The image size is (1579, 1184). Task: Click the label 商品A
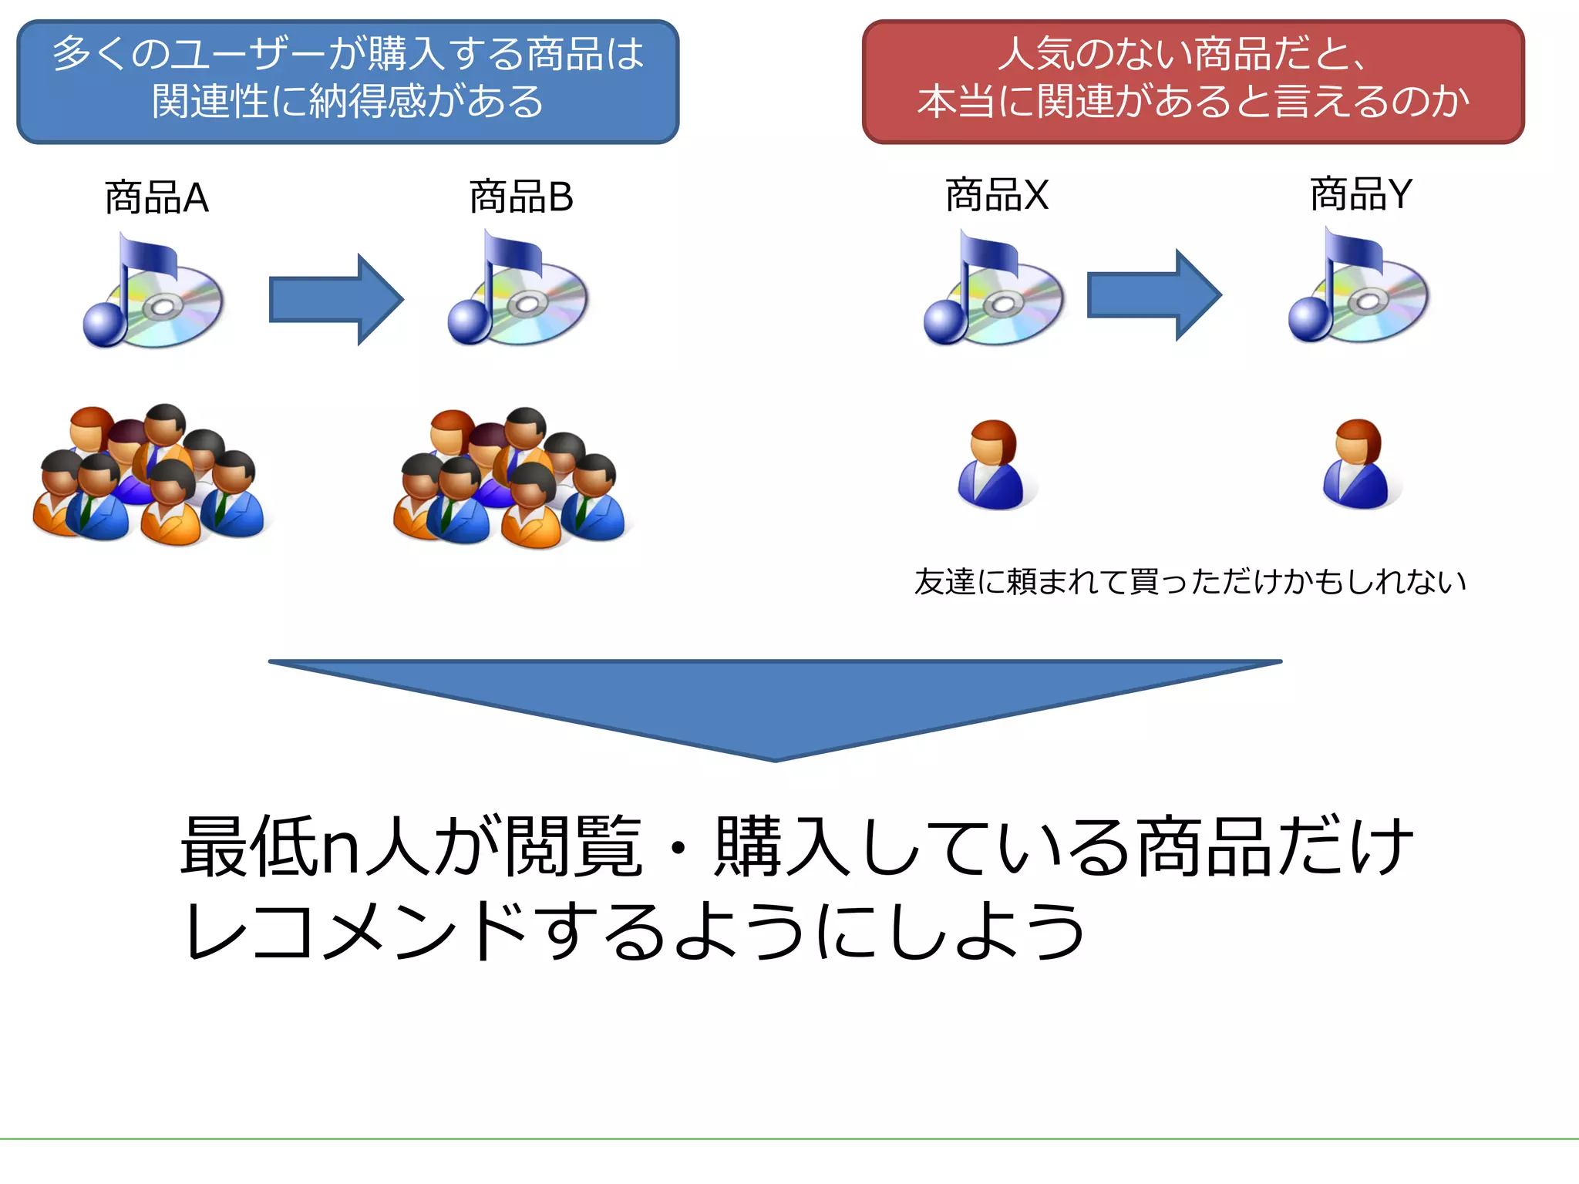(157, 197)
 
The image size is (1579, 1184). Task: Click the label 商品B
(521, 197)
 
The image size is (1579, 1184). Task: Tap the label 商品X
(996, 194)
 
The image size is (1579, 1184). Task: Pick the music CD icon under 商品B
(518, 292)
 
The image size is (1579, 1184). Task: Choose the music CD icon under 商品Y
(1358, 289)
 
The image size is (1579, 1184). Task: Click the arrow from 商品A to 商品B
(336, 299)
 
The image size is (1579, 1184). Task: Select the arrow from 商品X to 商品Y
(1153, 294)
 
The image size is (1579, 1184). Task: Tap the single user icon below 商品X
(992, 466)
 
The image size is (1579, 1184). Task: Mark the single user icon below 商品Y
(1357, 465)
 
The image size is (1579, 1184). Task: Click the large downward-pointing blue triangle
(775, 698)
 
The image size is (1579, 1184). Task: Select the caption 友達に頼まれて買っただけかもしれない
(1190, 582)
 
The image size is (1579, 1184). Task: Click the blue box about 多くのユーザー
(348, 81)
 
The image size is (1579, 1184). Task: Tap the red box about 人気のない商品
(1193, 81)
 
